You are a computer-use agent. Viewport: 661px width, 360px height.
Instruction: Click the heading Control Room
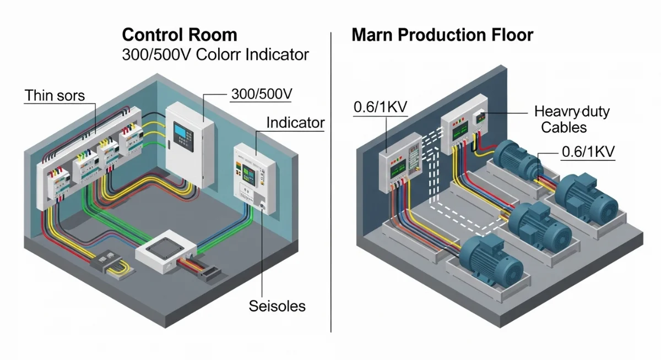(x=180, y=35)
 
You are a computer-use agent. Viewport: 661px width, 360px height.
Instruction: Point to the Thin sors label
(x=55, y=95)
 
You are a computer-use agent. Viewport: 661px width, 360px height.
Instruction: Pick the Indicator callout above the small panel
(x=295, y=122)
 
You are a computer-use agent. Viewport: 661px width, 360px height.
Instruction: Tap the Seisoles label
(x=277, y=306)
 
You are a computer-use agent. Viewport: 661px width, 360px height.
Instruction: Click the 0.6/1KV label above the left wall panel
(x=381, y=107)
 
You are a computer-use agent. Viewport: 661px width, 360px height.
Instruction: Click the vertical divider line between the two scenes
(x=330, y=182)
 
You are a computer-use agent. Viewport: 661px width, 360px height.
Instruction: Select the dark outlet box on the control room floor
(x=107, y=260)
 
